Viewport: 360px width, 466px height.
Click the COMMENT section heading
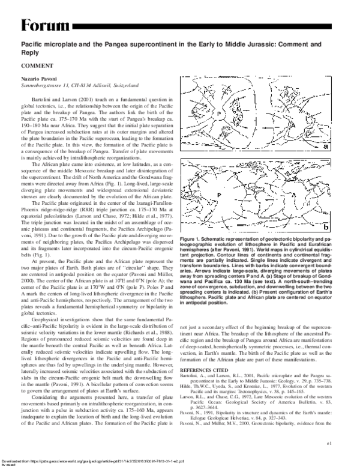point(37,64)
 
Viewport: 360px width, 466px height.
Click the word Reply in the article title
point(34,52)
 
